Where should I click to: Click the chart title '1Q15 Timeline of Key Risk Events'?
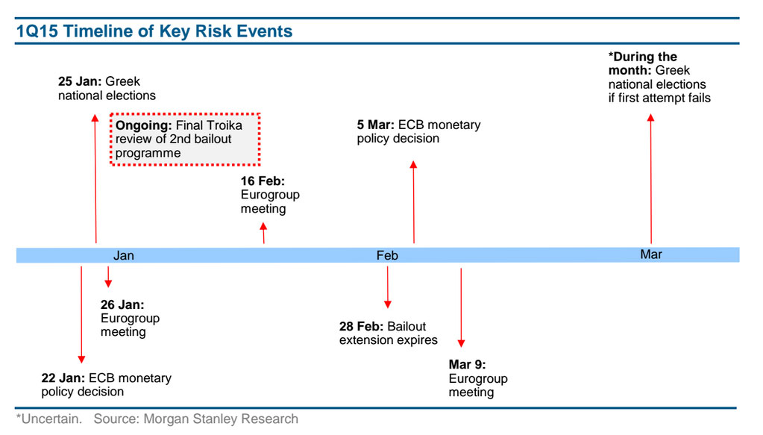point(154,31)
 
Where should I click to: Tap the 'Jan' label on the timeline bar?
point(124,255)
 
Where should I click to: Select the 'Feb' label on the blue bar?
point(387,255)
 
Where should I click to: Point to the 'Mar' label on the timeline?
point(651,254)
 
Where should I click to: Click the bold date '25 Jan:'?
point(80,81)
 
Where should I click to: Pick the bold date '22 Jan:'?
point(63,378)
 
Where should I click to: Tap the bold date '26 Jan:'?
point(122,304)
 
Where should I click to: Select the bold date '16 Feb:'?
point(263,181)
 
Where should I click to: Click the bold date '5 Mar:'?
point(375,125)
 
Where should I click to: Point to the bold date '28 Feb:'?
point(362,326)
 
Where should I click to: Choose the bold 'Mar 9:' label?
point(467,364)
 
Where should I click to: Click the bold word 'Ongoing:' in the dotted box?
point(143,125)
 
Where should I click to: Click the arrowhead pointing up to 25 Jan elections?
point(95,118)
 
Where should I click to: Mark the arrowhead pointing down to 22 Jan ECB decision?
point(81,359)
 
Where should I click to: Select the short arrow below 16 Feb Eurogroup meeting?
point(263,233)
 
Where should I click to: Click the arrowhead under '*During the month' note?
point(650,118)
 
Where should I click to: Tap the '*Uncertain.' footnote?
point(49,419)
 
